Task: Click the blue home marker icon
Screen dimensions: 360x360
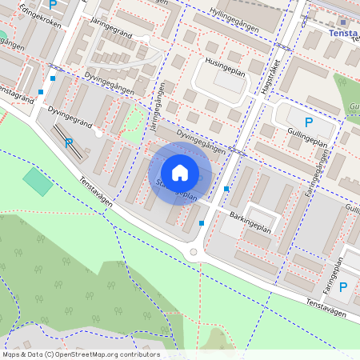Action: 180,173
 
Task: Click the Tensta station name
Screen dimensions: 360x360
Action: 344,34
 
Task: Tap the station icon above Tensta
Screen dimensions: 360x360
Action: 343,22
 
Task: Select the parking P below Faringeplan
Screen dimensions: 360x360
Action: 343,287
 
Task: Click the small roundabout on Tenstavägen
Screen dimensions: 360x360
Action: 193,253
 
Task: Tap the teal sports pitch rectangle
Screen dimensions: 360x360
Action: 37,181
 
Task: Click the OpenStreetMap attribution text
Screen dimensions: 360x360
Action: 81,354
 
